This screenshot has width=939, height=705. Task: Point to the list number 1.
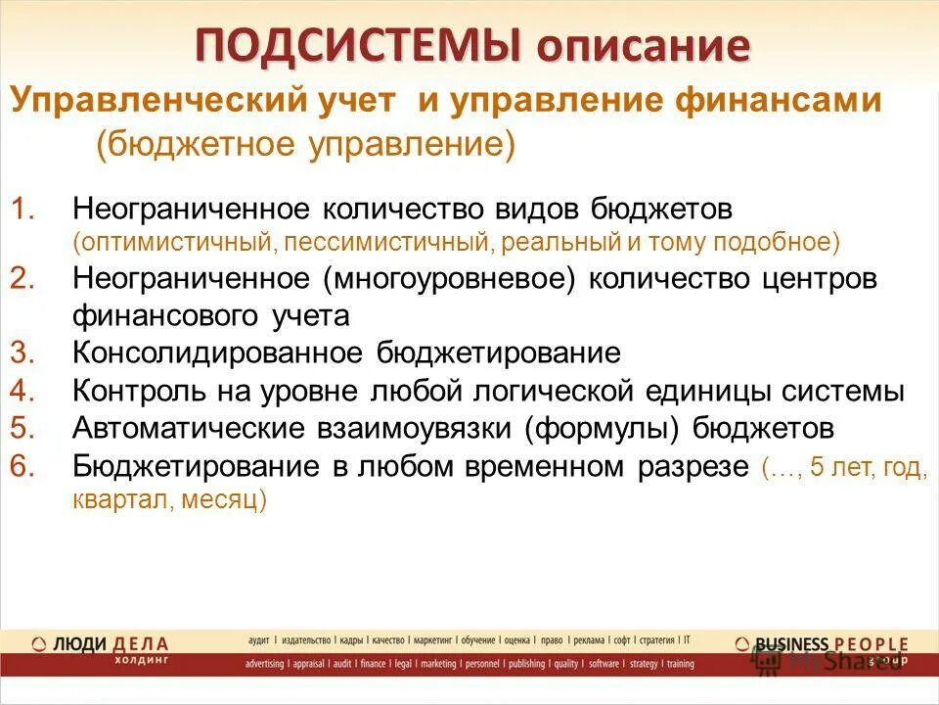tap(24, 210)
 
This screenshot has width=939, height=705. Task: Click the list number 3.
tap(24, 352)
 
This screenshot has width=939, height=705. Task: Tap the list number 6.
tap(24, 467)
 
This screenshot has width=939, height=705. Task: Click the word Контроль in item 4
tap(134, 391)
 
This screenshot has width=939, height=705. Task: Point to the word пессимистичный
tap(377, 241)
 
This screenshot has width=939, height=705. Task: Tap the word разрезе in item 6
tap(690, 467)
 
